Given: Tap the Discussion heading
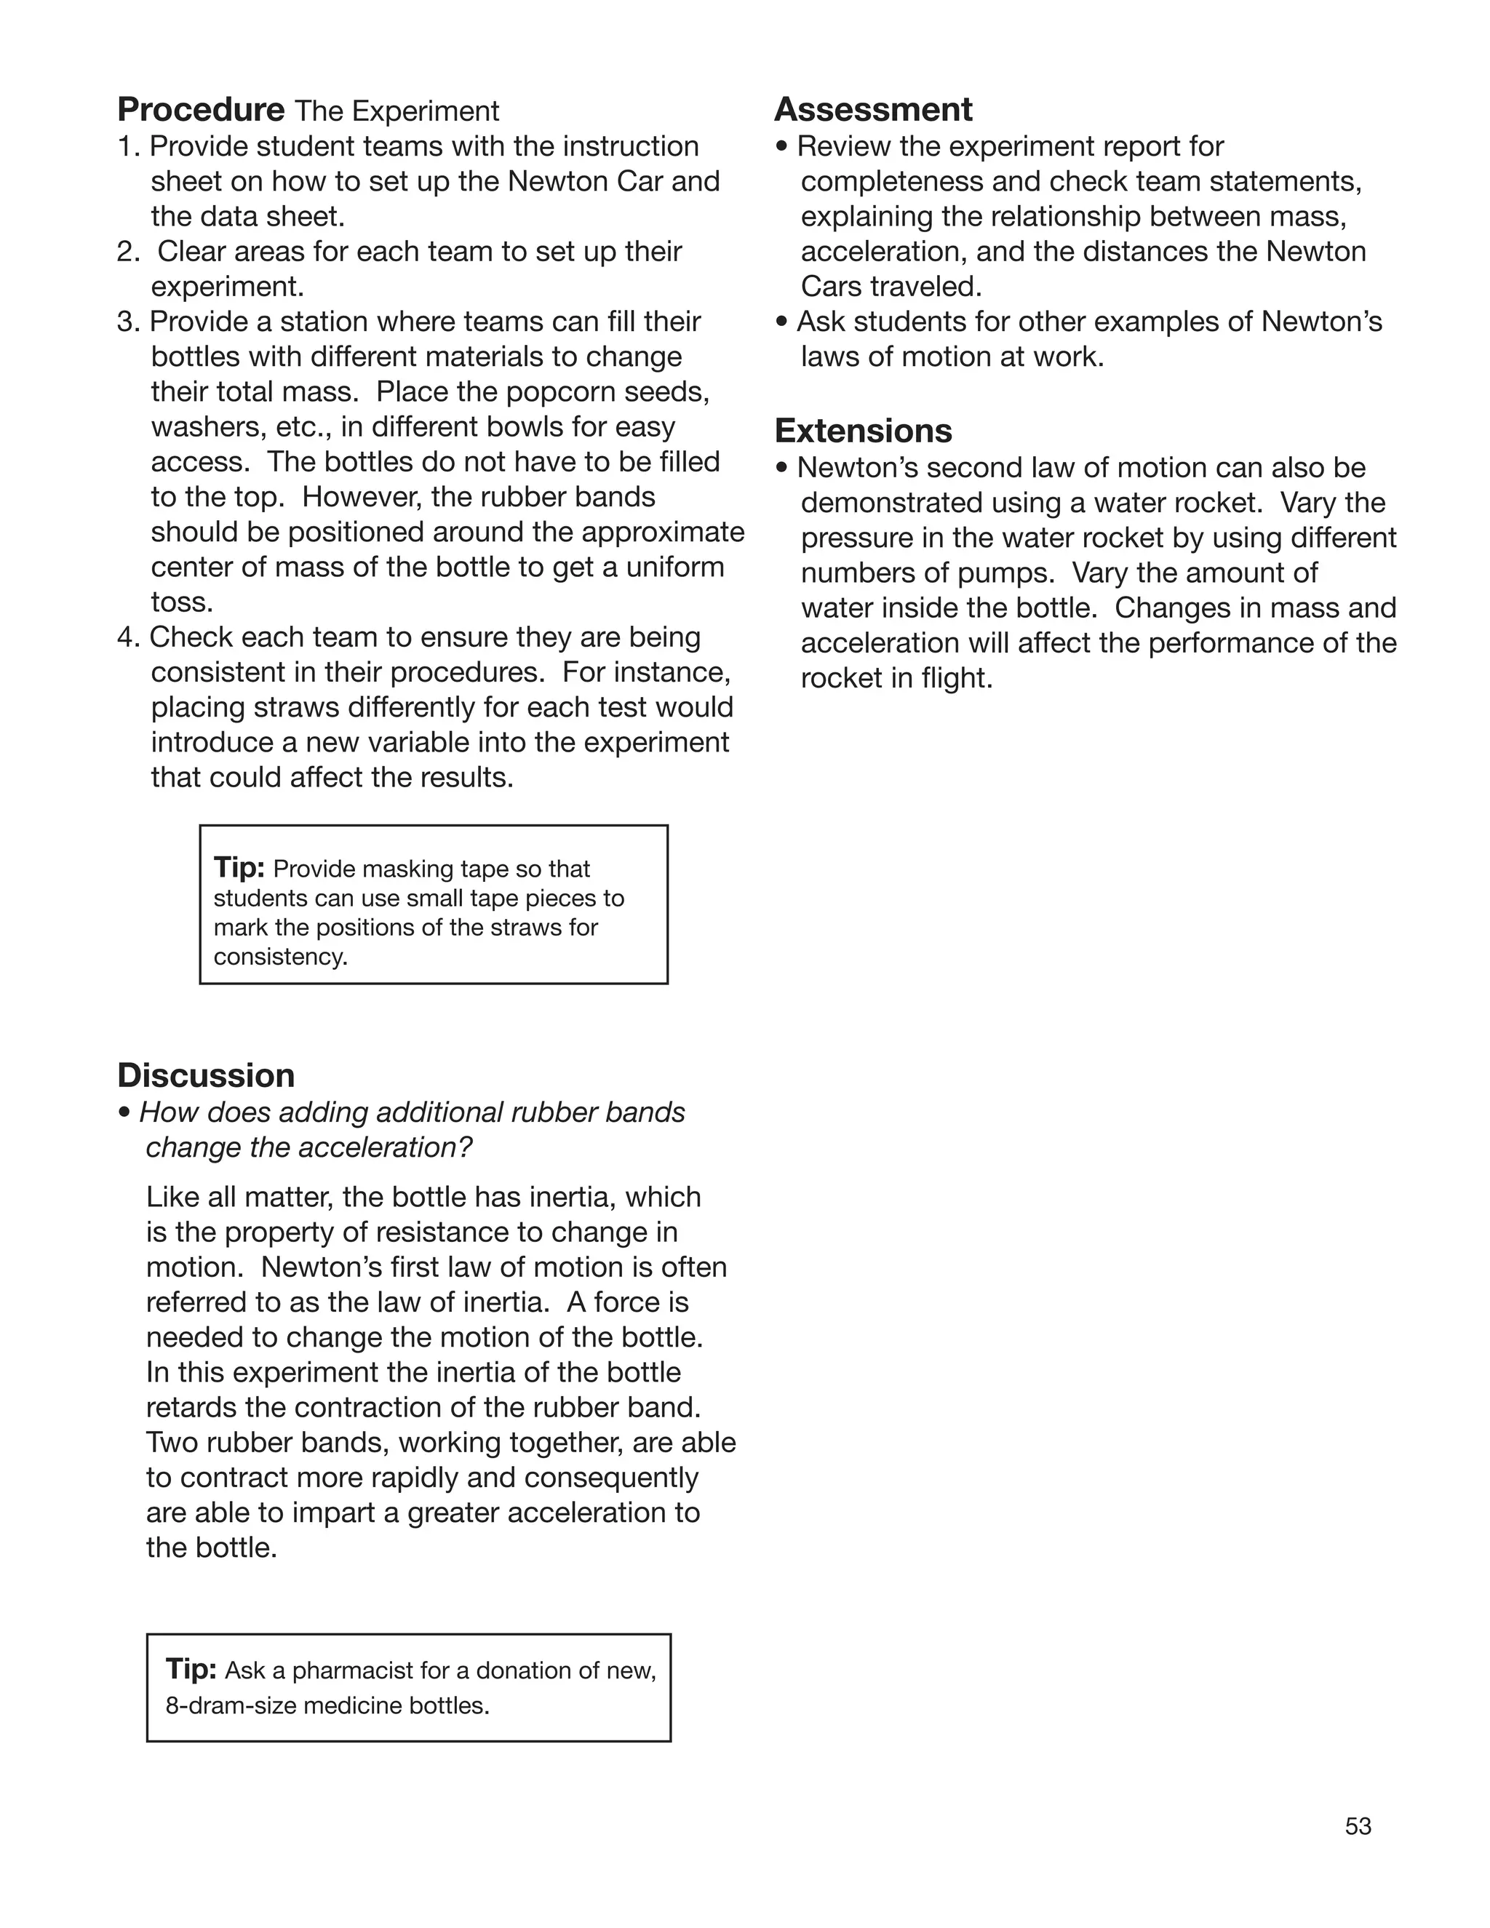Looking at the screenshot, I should pos(206,1075).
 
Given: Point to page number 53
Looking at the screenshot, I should pos(1358,1826).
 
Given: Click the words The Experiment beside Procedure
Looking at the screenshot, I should pos(397,111).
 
